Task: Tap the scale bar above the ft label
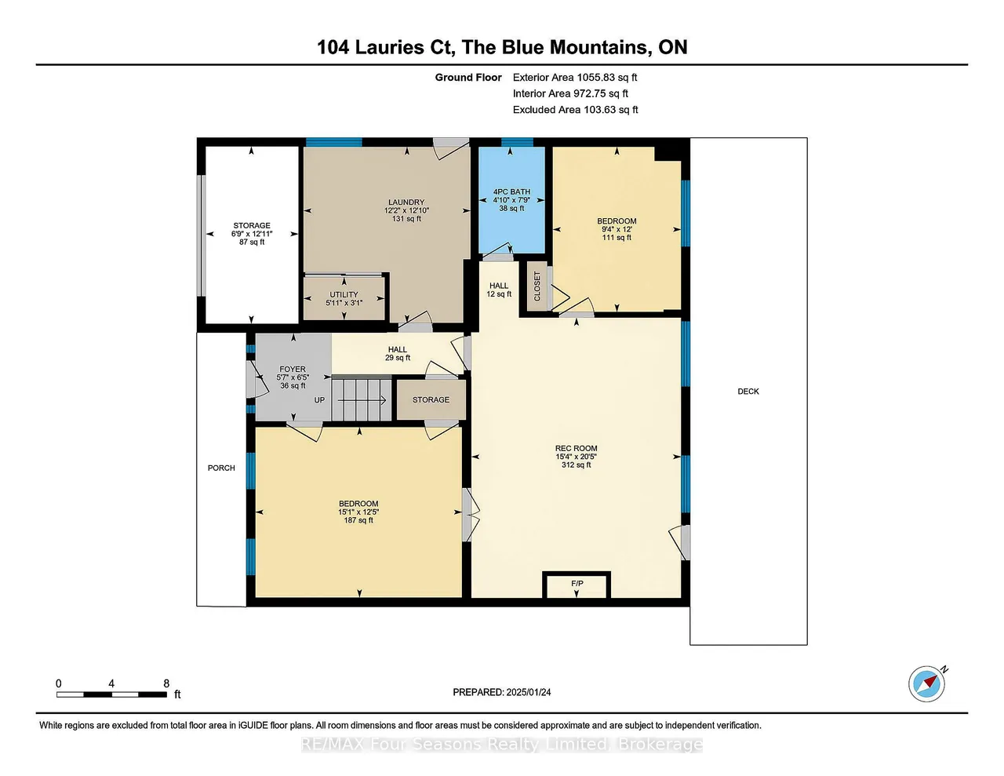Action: (112, 694)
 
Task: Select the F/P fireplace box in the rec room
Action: (577, 585)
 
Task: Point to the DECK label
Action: (748, 392)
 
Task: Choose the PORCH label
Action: (221, 468)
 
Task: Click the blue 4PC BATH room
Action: (511, 199)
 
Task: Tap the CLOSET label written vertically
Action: (537, 286)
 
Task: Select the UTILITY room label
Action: (344, 294)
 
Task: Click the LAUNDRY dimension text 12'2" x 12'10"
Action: (406, 210)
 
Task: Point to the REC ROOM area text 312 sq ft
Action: (577, 465)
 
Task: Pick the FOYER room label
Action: (293, 370)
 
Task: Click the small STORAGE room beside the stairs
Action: (431, 400)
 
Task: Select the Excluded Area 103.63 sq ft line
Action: (575, 110)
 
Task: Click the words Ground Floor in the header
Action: (468, 78)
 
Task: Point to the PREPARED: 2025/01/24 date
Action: (502, 692)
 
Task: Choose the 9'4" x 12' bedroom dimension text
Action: (617, 229)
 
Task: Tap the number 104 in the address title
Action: (333, 47)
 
